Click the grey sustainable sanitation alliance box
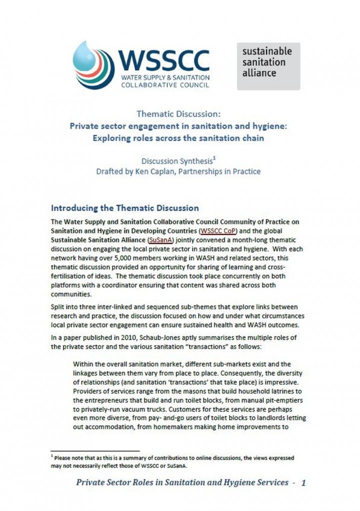pos(268,65)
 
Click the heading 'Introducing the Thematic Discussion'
pos(125,208)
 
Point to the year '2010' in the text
pos(120,337)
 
